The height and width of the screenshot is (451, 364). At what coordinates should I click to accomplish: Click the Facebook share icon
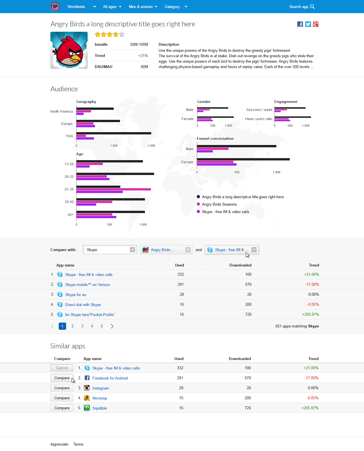[x=300, y=24]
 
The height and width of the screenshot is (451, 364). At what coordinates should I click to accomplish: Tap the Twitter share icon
[x=308, y=24]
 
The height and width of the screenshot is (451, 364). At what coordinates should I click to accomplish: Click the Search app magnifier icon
[x=312, y=7]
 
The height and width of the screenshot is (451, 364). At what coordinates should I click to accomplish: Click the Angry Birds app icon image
[x=69, y=50]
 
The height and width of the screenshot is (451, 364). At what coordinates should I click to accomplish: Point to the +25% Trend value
[x=143, y=55]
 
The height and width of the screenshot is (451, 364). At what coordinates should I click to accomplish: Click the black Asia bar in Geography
[x=114, y=133]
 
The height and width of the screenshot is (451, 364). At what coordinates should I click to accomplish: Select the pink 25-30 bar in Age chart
[x=113, y=189]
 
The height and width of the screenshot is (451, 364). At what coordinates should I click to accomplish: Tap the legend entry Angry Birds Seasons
[x=219, y=204]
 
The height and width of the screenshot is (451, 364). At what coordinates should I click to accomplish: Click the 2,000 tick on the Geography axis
[x=151, y=146]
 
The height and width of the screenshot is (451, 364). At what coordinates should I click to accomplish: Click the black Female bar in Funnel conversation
[x=243, y=159]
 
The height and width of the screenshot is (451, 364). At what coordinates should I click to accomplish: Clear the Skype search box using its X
[x=133, y=250]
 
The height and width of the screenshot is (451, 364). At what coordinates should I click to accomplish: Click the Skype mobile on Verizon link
[x=87, y=285]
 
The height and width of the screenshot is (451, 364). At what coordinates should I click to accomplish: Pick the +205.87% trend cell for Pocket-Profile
[x=310, y=314]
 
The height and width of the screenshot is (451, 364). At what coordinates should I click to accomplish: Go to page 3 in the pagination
[x=82, y=326]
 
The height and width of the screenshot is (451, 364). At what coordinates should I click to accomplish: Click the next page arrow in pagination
[x=112, y=326]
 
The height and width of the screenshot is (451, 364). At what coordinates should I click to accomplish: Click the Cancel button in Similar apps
[x=62, y=368]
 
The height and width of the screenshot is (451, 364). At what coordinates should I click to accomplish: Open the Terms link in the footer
[x=78, y=444]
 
